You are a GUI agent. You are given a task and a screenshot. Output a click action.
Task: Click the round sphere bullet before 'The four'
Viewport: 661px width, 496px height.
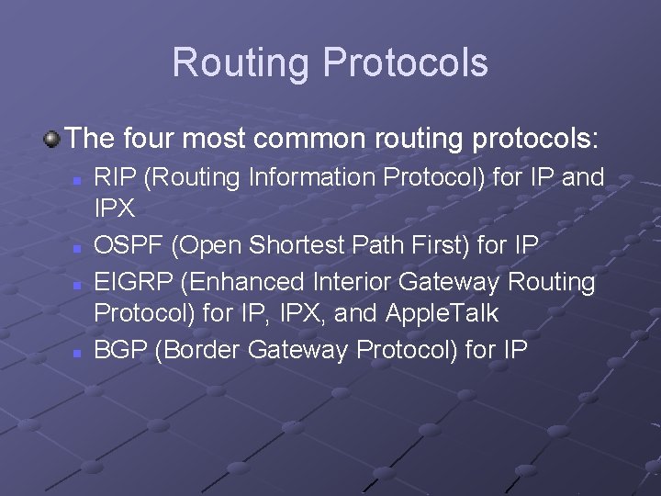tap(52, 140)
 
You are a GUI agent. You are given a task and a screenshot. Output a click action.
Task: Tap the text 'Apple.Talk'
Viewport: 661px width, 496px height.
tap(443, 314)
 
